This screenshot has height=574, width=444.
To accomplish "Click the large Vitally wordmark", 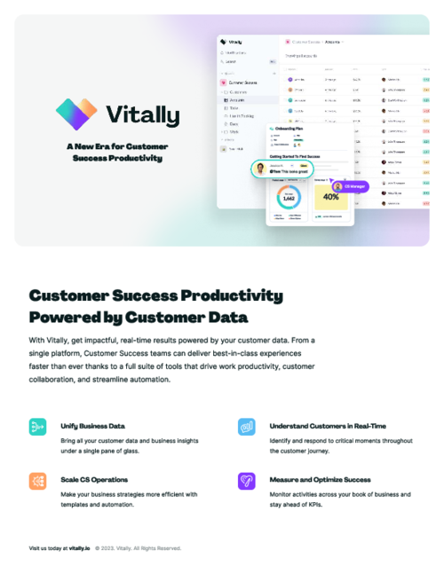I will pos(142,115).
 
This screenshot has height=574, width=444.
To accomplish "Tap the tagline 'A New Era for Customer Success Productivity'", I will pos(117,152).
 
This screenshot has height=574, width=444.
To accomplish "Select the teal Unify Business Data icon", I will pos(37,427).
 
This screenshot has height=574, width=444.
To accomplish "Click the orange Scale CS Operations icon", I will pos(37,481).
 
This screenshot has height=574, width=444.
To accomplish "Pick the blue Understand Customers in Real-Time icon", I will pos(246,427).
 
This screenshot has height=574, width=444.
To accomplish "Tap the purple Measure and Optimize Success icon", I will pos(246,481).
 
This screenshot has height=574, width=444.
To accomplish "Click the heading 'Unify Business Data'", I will pos(92,426).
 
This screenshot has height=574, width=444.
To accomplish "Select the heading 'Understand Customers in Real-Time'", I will pos(328,426).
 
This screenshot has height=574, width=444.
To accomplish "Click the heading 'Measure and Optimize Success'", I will pos(320,480).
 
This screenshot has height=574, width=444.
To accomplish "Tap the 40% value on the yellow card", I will pos(330,197).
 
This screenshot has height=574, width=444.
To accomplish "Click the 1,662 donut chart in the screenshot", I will pos(288,198).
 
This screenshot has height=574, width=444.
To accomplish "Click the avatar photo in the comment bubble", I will pos(259,167).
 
